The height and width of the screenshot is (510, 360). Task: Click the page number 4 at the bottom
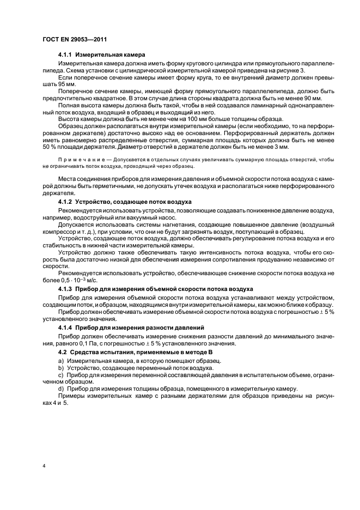pos(44,467)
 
